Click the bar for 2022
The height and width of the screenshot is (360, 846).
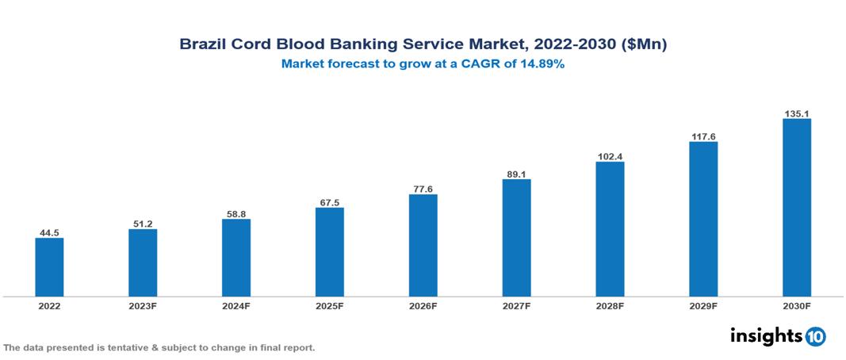pos(49,267)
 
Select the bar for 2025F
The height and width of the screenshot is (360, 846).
pos(329,252)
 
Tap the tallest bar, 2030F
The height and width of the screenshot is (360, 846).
pos(796,208)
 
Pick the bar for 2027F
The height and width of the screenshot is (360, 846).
pos(516,238)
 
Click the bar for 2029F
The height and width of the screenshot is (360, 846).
pos(702,220)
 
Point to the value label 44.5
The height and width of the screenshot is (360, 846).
pos(49,232)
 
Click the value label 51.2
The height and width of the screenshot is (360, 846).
pos(143,224)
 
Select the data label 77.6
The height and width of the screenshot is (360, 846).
pos(423,189)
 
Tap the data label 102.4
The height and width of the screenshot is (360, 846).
pos(610,156)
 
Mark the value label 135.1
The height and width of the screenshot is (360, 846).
pos(796,113)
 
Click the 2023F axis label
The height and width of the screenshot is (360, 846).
pos(143,306)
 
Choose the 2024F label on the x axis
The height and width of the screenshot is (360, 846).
pos(236,306)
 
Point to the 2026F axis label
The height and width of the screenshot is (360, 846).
pos(423,306)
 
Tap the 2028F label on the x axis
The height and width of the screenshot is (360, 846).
pos(610,306)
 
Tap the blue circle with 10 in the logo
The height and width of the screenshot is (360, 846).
pos(815,336)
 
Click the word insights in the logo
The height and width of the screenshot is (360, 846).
pos(766,335)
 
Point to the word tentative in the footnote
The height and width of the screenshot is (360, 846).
pos(126,348)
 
